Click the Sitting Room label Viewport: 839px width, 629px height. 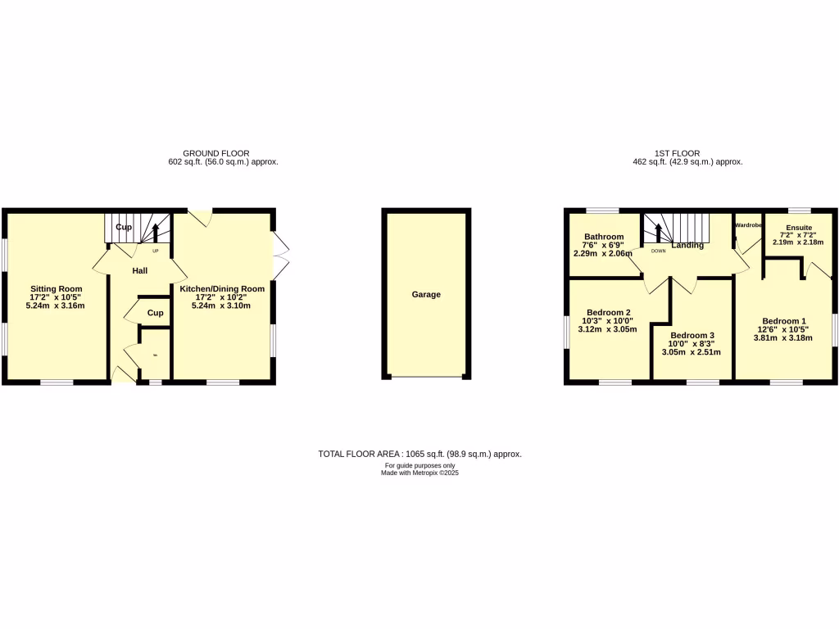point(57,288)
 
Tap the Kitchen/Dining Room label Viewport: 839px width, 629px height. point(222,288)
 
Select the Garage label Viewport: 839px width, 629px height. point(426,294)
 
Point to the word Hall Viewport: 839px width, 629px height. point(140,269)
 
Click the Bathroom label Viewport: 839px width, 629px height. point(603,235)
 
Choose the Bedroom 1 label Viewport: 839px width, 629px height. point(784,321)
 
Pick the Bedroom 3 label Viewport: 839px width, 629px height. point(692,335)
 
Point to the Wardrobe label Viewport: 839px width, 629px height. point(749,224)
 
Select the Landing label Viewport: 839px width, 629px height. point(688,245)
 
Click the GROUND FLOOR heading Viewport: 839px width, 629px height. point(216,153)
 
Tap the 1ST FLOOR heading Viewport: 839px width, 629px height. point(677,153)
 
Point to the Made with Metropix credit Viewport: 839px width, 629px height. point(419,473)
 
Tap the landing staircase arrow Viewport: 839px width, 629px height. point(655,230)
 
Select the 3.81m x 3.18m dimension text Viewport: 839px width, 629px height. point(784,337)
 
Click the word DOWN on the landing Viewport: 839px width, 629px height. point(658,251)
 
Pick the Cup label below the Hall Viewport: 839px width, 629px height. point(155,313)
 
